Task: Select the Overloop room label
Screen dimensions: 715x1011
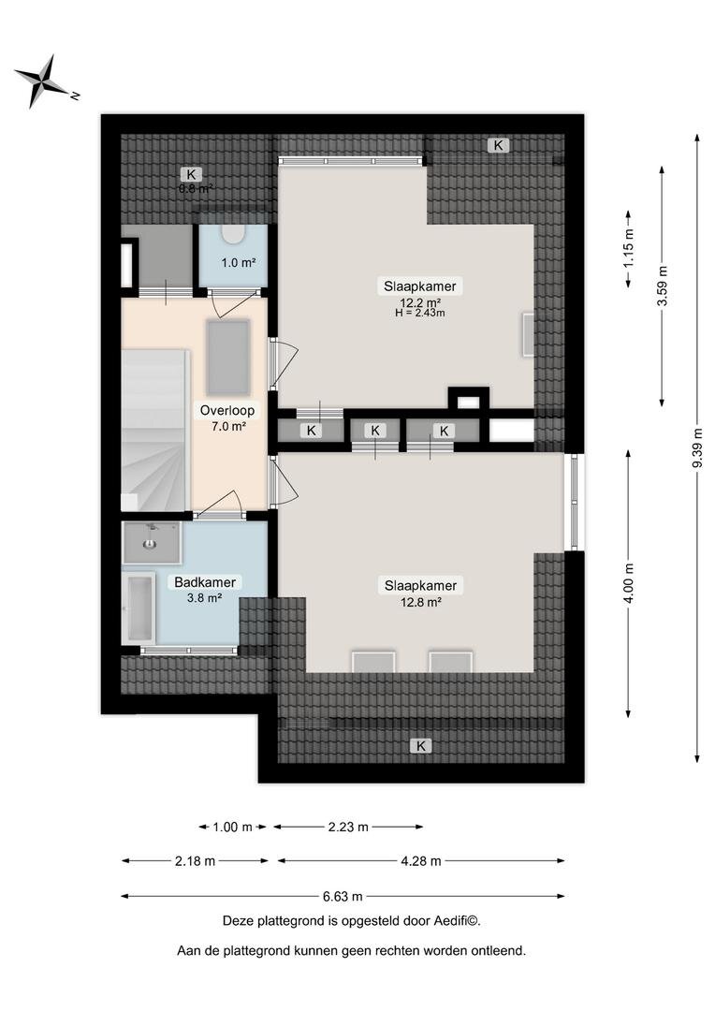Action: click(226, 410)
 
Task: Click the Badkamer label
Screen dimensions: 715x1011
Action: click(205, 582)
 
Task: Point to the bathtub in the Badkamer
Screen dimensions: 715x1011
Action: click(139, 608)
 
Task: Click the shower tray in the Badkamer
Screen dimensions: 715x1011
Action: click(152, 542)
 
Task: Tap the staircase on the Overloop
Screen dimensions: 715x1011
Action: click(155, 430)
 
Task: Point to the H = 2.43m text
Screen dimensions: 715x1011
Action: click(420, 314)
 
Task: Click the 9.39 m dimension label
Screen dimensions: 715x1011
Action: click(697, 448)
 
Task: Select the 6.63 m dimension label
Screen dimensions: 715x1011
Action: click(343, 896)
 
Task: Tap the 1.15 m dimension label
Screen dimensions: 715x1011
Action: click(629, 248)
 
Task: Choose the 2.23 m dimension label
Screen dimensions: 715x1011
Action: click(348, 827)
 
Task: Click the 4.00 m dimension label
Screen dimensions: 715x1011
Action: click(629, 583)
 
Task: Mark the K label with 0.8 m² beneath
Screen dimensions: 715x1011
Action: click(191, 174)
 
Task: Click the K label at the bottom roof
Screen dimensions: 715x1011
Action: click(421, 746)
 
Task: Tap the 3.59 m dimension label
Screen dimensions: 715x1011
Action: click(663, 286)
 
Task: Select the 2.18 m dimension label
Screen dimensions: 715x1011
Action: click(195, 861)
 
